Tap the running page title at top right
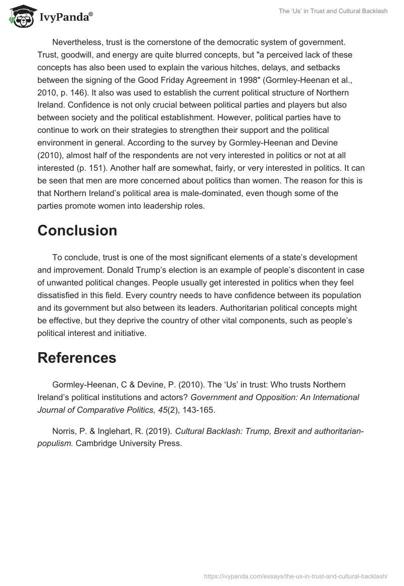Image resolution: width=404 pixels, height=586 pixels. pos(333,11)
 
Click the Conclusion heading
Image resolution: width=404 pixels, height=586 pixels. pos(77,230)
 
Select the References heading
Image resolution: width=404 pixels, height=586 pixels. pos(77,358)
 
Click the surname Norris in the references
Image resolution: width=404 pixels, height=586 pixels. pos(64,431)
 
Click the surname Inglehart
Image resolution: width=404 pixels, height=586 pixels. pos(116,431)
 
